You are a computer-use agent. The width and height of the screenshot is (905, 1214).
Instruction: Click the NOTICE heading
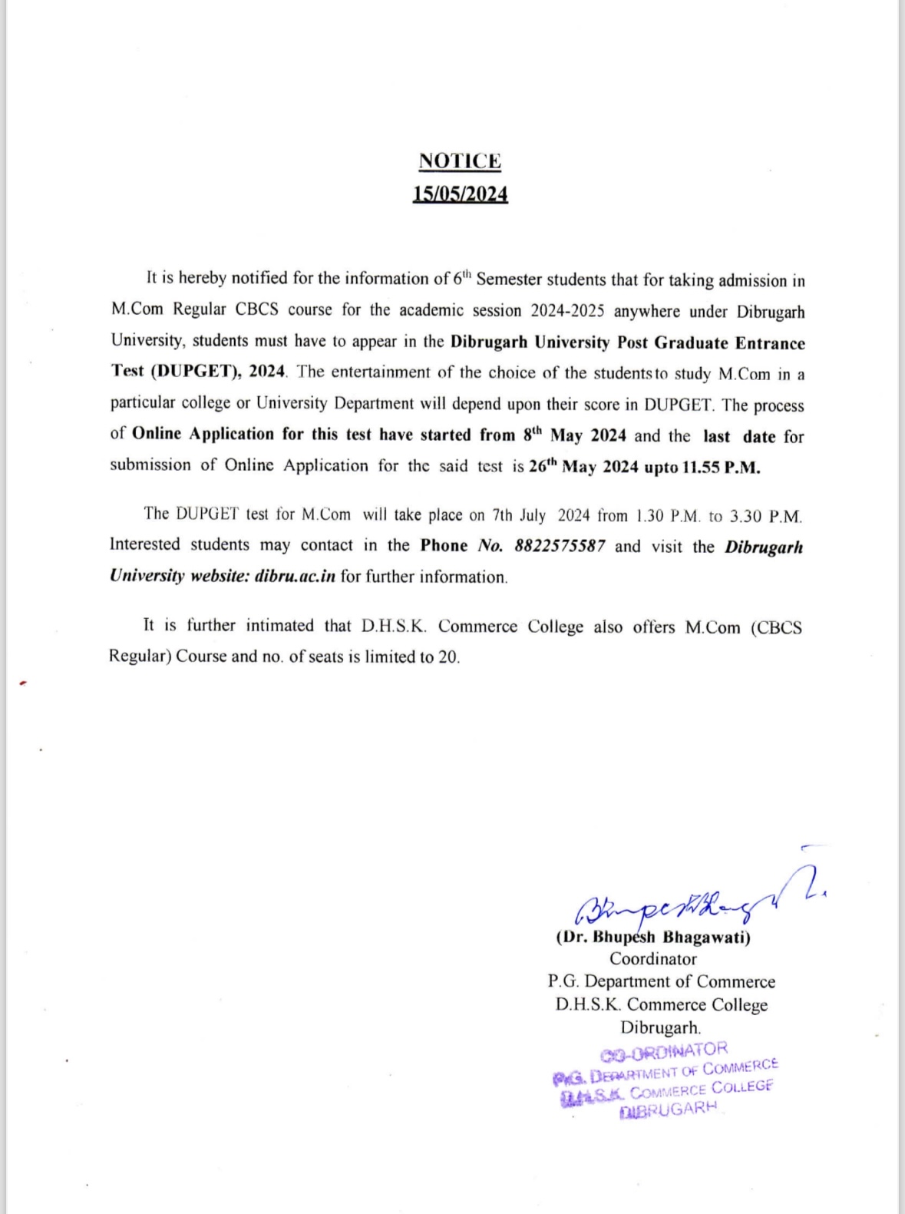(460, 161)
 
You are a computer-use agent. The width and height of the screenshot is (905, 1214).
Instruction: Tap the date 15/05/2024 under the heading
(460, 194)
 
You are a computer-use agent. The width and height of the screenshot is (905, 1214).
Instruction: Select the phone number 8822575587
(560, 546)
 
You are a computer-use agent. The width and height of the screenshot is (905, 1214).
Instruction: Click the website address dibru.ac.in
(295, 577)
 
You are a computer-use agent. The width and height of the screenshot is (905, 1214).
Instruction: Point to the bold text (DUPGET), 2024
(219, 372)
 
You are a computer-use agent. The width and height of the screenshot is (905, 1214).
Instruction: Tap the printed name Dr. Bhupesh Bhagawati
(653, 937)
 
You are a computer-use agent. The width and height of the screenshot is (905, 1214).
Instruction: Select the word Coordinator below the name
(653, 959)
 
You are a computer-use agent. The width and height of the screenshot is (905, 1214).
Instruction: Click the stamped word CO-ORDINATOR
(664, 1050)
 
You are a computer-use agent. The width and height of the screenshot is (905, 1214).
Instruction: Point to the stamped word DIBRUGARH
(668, 1110)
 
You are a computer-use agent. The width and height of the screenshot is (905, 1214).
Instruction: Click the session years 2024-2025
(567, 311)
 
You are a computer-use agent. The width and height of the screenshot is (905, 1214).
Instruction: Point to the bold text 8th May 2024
(575, 435)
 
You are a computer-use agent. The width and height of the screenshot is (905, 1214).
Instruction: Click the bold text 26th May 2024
(583, 467)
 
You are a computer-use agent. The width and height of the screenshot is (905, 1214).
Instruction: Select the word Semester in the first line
(509, 280)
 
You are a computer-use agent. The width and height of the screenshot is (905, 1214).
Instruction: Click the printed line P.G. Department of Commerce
(661, 982)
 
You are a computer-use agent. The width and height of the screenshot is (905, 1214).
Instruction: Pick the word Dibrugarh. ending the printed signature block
(660, 1027)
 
